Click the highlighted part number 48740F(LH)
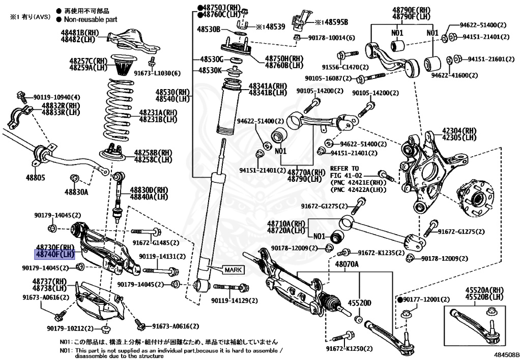[54, 254]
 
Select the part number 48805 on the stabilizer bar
[36, 178]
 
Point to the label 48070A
[346, 264]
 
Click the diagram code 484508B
[505, 354]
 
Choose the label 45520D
[359, 303]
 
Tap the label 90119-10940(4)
[56, 97]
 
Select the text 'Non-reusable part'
[91, 19]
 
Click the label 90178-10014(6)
[331, 38]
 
